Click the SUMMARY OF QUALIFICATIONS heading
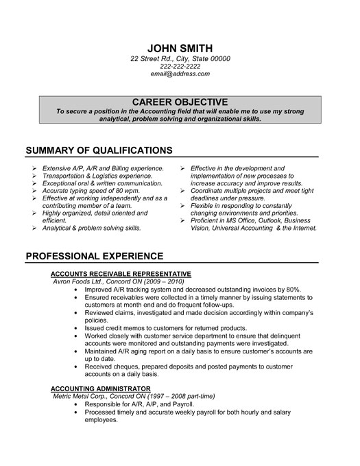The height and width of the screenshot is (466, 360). pos(99,150)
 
